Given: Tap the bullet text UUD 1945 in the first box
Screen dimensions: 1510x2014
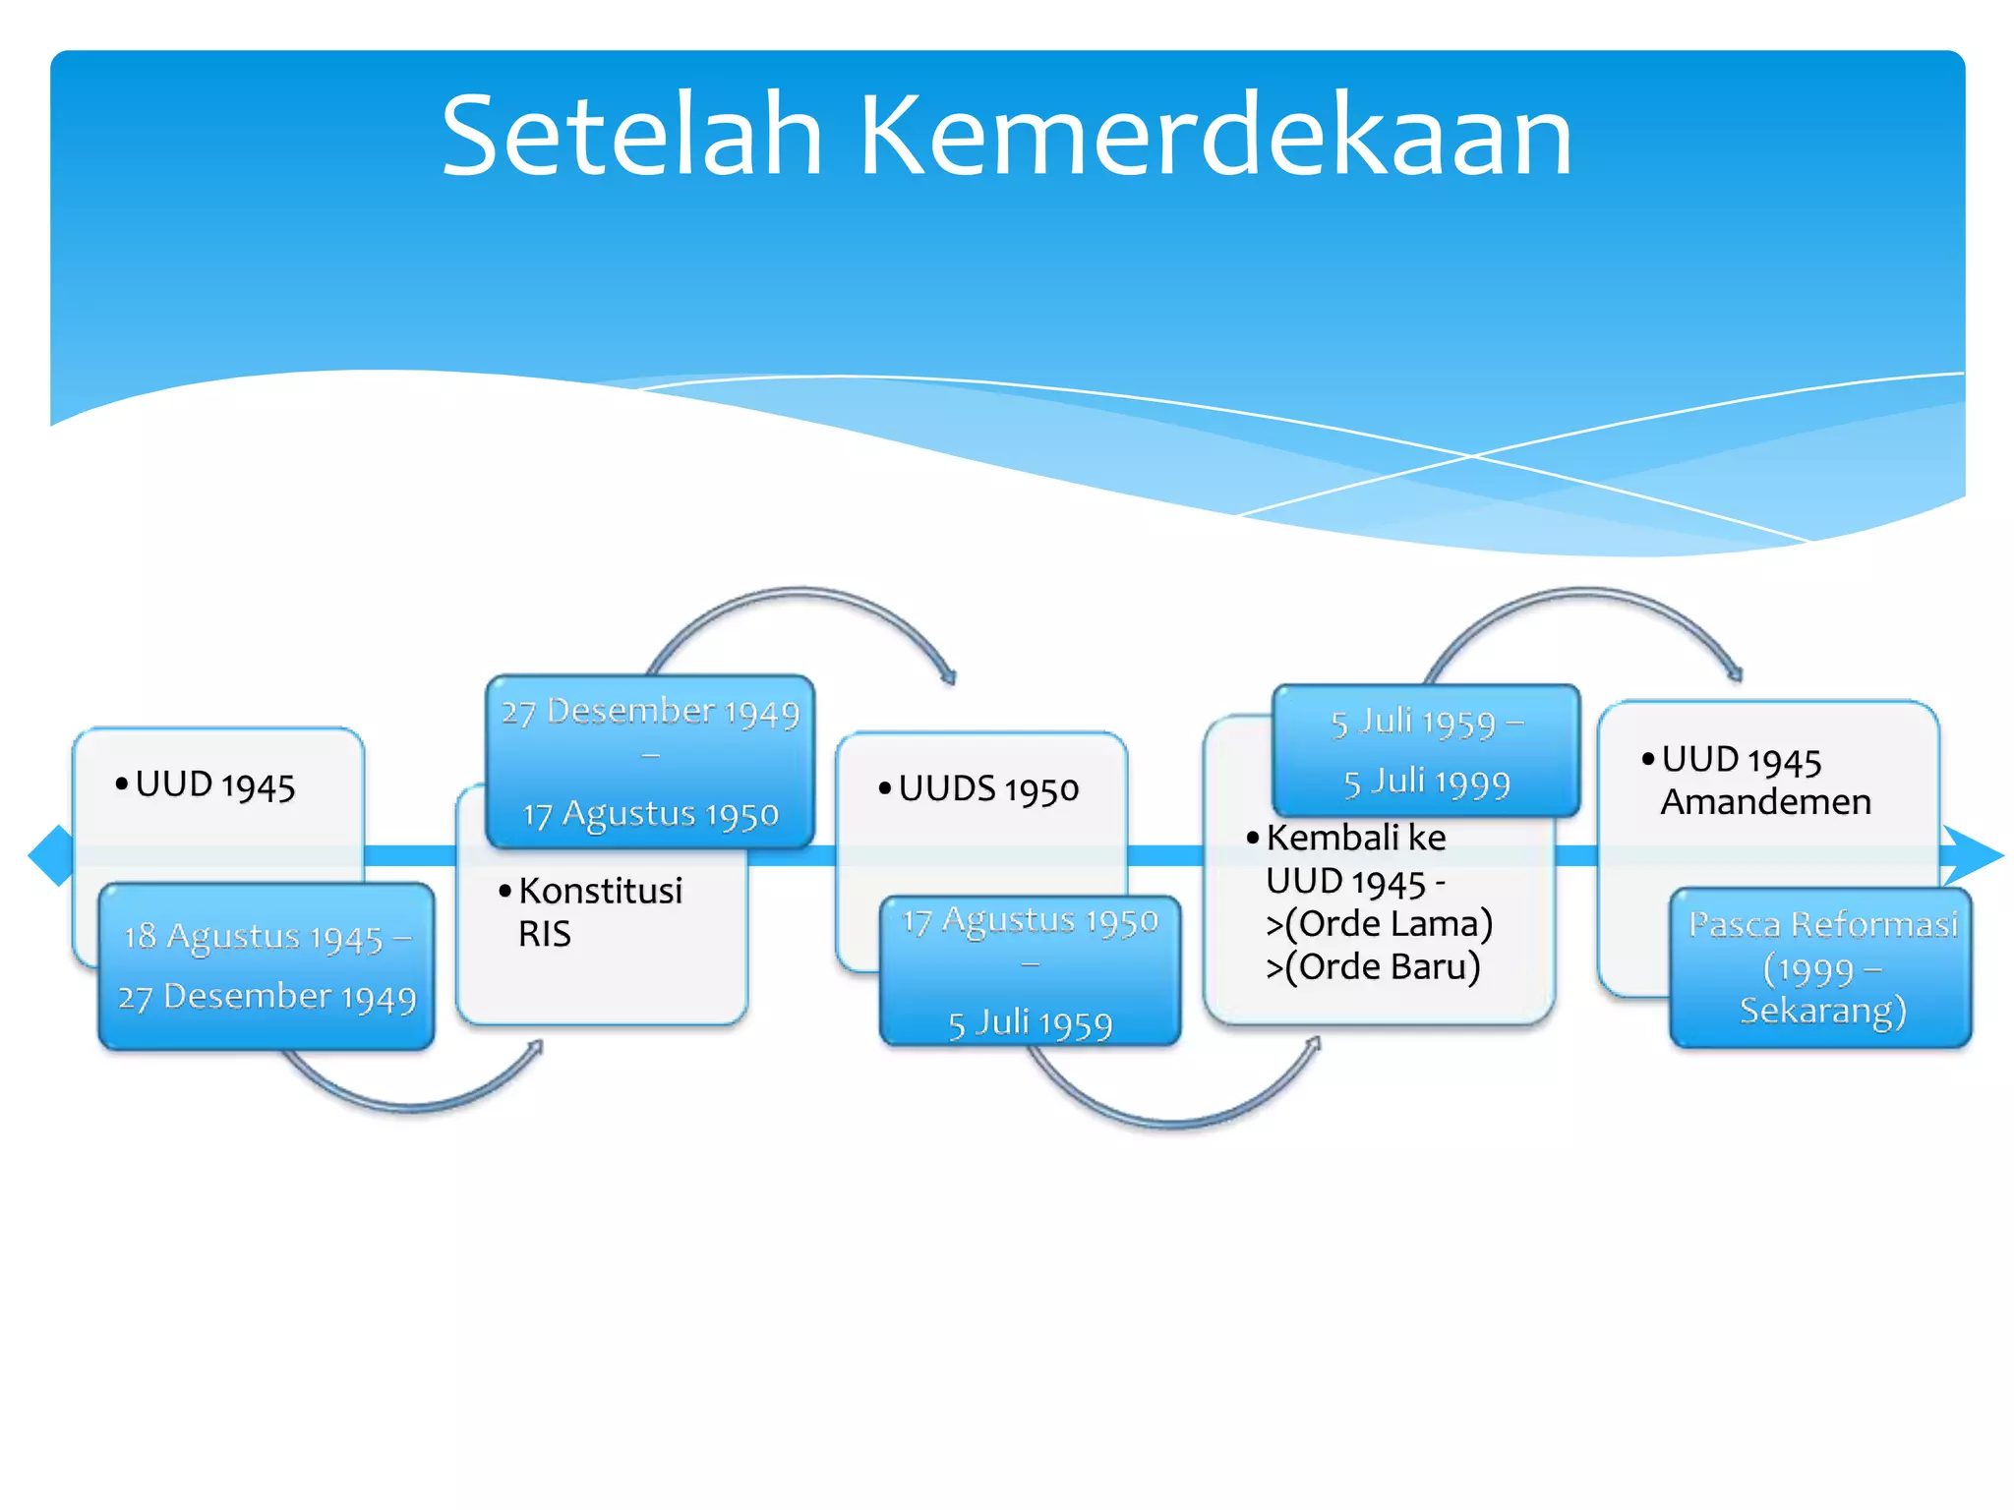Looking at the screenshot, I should point(214,785).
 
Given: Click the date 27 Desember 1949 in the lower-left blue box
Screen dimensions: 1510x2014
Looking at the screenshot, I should point(267,997).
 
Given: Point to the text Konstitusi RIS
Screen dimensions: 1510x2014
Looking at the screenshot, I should point(600,910).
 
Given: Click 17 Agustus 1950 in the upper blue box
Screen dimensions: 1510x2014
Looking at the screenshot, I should point(650,814).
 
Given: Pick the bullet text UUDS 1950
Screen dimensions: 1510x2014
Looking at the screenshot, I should point(988,788).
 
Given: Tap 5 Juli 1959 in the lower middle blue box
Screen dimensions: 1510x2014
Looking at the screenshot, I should point(1030,1024).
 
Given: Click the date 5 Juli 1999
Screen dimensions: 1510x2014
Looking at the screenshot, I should point(1426,783).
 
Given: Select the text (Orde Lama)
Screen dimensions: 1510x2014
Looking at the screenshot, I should point(1389,924).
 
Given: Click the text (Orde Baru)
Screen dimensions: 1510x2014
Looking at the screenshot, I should point(1383,967).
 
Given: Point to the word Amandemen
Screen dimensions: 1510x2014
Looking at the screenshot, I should point(1765,802).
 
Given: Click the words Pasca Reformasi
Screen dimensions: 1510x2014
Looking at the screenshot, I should point(1822,924).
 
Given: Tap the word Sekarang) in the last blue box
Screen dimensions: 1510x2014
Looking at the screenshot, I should point(1822,1011).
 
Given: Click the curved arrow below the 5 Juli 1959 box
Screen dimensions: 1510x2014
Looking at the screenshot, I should point(1170,1119).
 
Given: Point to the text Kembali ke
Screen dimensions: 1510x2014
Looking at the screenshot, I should point(1356,838).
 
